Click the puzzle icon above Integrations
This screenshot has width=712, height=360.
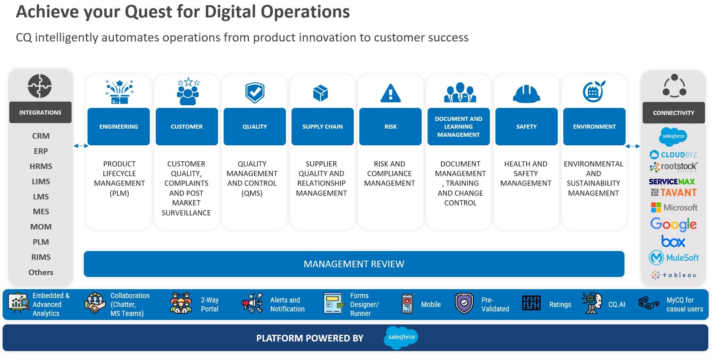click(40, 86)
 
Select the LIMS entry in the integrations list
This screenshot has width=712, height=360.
click(41, 181)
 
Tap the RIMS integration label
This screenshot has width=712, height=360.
click(41, 257)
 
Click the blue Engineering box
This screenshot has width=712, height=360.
click(119, 126)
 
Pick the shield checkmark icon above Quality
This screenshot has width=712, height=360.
click(255, 92)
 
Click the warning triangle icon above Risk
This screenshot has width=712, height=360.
click(390, 93)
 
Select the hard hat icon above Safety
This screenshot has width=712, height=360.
click(526, 93)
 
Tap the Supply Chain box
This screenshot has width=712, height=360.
click(323, 126)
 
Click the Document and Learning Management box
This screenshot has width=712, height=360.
click(458, 126)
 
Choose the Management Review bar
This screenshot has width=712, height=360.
click(354, 264)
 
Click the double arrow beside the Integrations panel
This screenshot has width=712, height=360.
click(81, 146)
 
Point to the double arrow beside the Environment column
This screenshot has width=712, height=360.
click(633, 146)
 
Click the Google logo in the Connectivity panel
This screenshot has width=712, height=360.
click(673, 224)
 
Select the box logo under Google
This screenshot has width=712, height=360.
click(673, 241)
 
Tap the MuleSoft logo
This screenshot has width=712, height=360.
click(674, 258)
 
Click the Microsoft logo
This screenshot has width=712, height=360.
click(674, 207)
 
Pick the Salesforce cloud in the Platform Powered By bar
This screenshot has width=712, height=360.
click(401, 337)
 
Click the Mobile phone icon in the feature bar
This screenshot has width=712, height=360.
click(408, 304)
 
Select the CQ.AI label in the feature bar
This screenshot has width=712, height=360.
click(617, 304)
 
